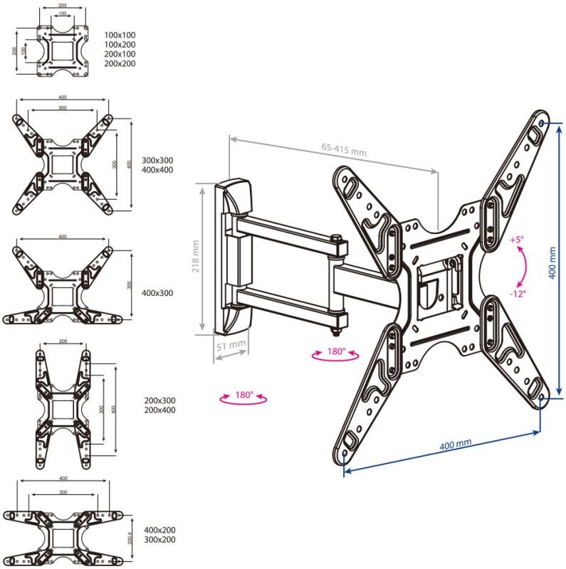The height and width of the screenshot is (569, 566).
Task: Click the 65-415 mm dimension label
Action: pos(343,149)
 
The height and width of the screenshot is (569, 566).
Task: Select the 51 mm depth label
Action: pos(232,346)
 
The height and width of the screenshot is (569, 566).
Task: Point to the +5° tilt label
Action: pos(516,240)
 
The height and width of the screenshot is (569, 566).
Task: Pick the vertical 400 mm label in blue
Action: pos(552,262)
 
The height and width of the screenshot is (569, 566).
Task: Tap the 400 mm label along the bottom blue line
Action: pos(455,445)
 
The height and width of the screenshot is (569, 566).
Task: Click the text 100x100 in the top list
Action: pos(120,35)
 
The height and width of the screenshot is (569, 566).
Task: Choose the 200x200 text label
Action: pos(120,64)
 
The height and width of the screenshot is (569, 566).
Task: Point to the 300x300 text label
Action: pos(157,160)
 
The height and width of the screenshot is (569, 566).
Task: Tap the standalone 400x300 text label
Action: pos(157,292)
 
